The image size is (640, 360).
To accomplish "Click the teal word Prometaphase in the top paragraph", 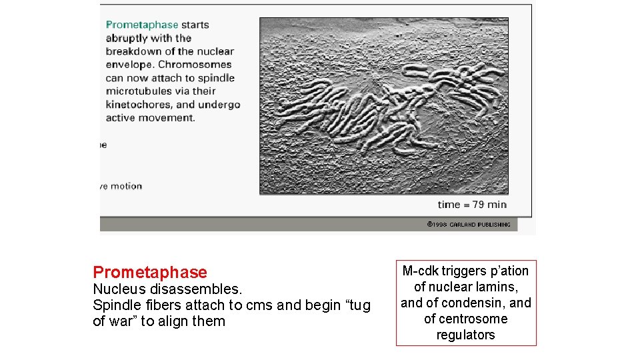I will click(x=142, y=25).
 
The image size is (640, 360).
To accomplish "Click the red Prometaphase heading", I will click(x=150, y=273).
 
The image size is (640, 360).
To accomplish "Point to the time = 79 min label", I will click(x=472, y=204).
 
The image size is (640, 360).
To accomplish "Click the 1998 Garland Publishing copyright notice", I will click(x=469, y=225).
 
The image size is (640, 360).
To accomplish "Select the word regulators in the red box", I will click(x=465, y=335).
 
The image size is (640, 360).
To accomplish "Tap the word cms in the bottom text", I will click(x=257, y=305).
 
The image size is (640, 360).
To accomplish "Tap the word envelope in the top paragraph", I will click(x=130, y=65).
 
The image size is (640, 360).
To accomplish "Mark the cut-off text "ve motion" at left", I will click(x=121, y=187).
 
